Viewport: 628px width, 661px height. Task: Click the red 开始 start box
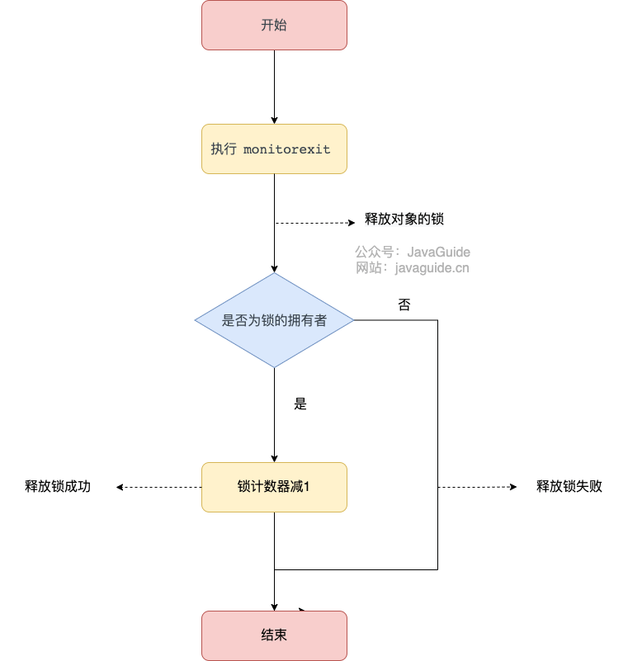point(274,25)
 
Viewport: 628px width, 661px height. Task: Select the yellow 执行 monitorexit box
point(274,149)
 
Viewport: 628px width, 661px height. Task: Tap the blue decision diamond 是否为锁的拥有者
point(274,320)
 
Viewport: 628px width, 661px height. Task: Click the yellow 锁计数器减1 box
point(274,487)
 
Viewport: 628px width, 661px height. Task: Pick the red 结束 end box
point(274,635)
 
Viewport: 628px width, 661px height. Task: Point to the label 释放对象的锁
point(405,220)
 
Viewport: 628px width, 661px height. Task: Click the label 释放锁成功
point(58,487)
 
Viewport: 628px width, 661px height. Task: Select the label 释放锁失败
point(569,487)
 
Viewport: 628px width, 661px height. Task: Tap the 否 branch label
point(404,305)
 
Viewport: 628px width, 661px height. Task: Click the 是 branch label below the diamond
point(300,404)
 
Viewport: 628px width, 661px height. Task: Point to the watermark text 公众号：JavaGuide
point(413,252)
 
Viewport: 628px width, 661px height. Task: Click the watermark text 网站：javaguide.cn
point(413,267)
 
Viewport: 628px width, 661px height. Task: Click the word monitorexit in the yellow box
point(286,149)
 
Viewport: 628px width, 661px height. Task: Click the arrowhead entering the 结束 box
point(274,606)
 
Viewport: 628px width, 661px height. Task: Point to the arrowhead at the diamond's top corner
point(274,267)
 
